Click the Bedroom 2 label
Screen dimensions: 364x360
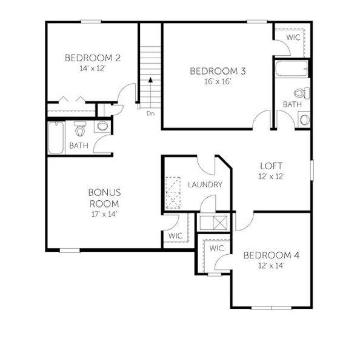93,58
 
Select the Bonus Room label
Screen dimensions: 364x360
104,198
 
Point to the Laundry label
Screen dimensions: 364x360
204,184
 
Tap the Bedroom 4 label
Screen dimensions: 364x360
271,255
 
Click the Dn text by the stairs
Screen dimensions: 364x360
151,113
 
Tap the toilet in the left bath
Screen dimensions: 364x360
80,129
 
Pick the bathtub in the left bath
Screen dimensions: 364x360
56,138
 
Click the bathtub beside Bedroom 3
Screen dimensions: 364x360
284,68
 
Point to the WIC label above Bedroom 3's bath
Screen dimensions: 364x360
293,38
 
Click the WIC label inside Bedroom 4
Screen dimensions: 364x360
216,249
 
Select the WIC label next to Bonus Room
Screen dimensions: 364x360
176,235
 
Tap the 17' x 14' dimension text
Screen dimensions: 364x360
104,214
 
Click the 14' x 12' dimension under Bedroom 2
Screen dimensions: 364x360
93,69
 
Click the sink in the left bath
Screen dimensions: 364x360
102,127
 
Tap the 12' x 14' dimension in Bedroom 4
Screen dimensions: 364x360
271,265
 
